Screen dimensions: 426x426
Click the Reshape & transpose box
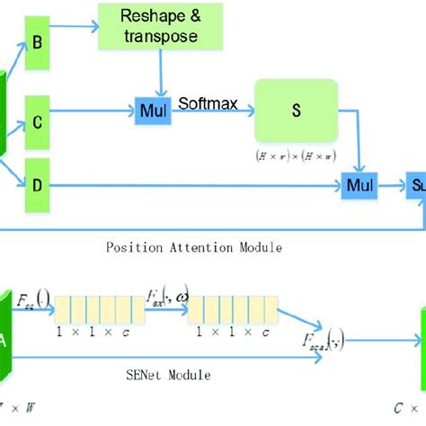click(x=159, y=27)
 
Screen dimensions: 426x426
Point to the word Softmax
click(x=209, y=104)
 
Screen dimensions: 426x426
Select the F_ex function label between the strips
click(x=164, y=296)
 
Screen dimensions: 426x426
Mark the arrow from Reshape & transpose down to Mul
click(x=159, y=75)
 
